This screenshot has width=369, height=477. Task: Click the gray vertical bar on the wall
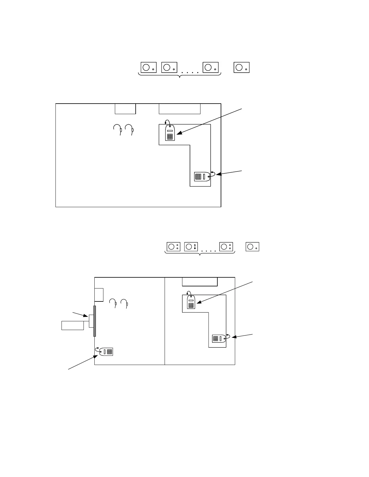tap(95, 321)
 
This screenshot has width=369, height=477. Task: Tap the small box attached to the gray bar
tap(91, 321)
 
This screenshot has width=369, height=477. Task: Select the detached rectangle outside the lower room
tap(73, 326)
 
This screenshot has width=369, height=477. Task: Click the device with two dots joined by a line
tap(191, 247)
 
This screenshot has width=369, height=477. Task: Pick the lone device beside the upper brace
tap(241, 67)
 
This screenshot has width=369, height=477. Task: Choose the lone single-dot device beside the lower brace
tap(252, 247)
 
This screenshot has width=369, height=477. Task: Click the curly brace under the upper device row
tap(180, 75)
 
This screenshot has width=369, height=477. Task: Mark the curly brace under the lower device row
tap(200, 254)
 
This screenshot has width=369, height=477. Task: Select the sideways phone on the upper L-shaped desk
tap(202, 176)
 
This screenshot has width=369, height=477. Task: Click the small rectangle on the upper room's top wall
tap(125, 109)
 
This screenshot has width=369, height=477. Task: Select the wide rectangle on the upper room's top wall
tap(179, 109)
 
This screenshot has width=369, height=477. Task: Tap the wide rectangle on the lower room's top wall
tap(200, 282)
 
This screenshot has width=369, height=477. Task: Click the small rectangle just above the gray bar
tap(99, 295)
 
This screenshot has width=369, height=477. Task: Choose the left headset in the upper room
tap(118, 129)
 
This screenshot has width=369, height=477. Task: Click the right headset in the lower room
tap(125, 303)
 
